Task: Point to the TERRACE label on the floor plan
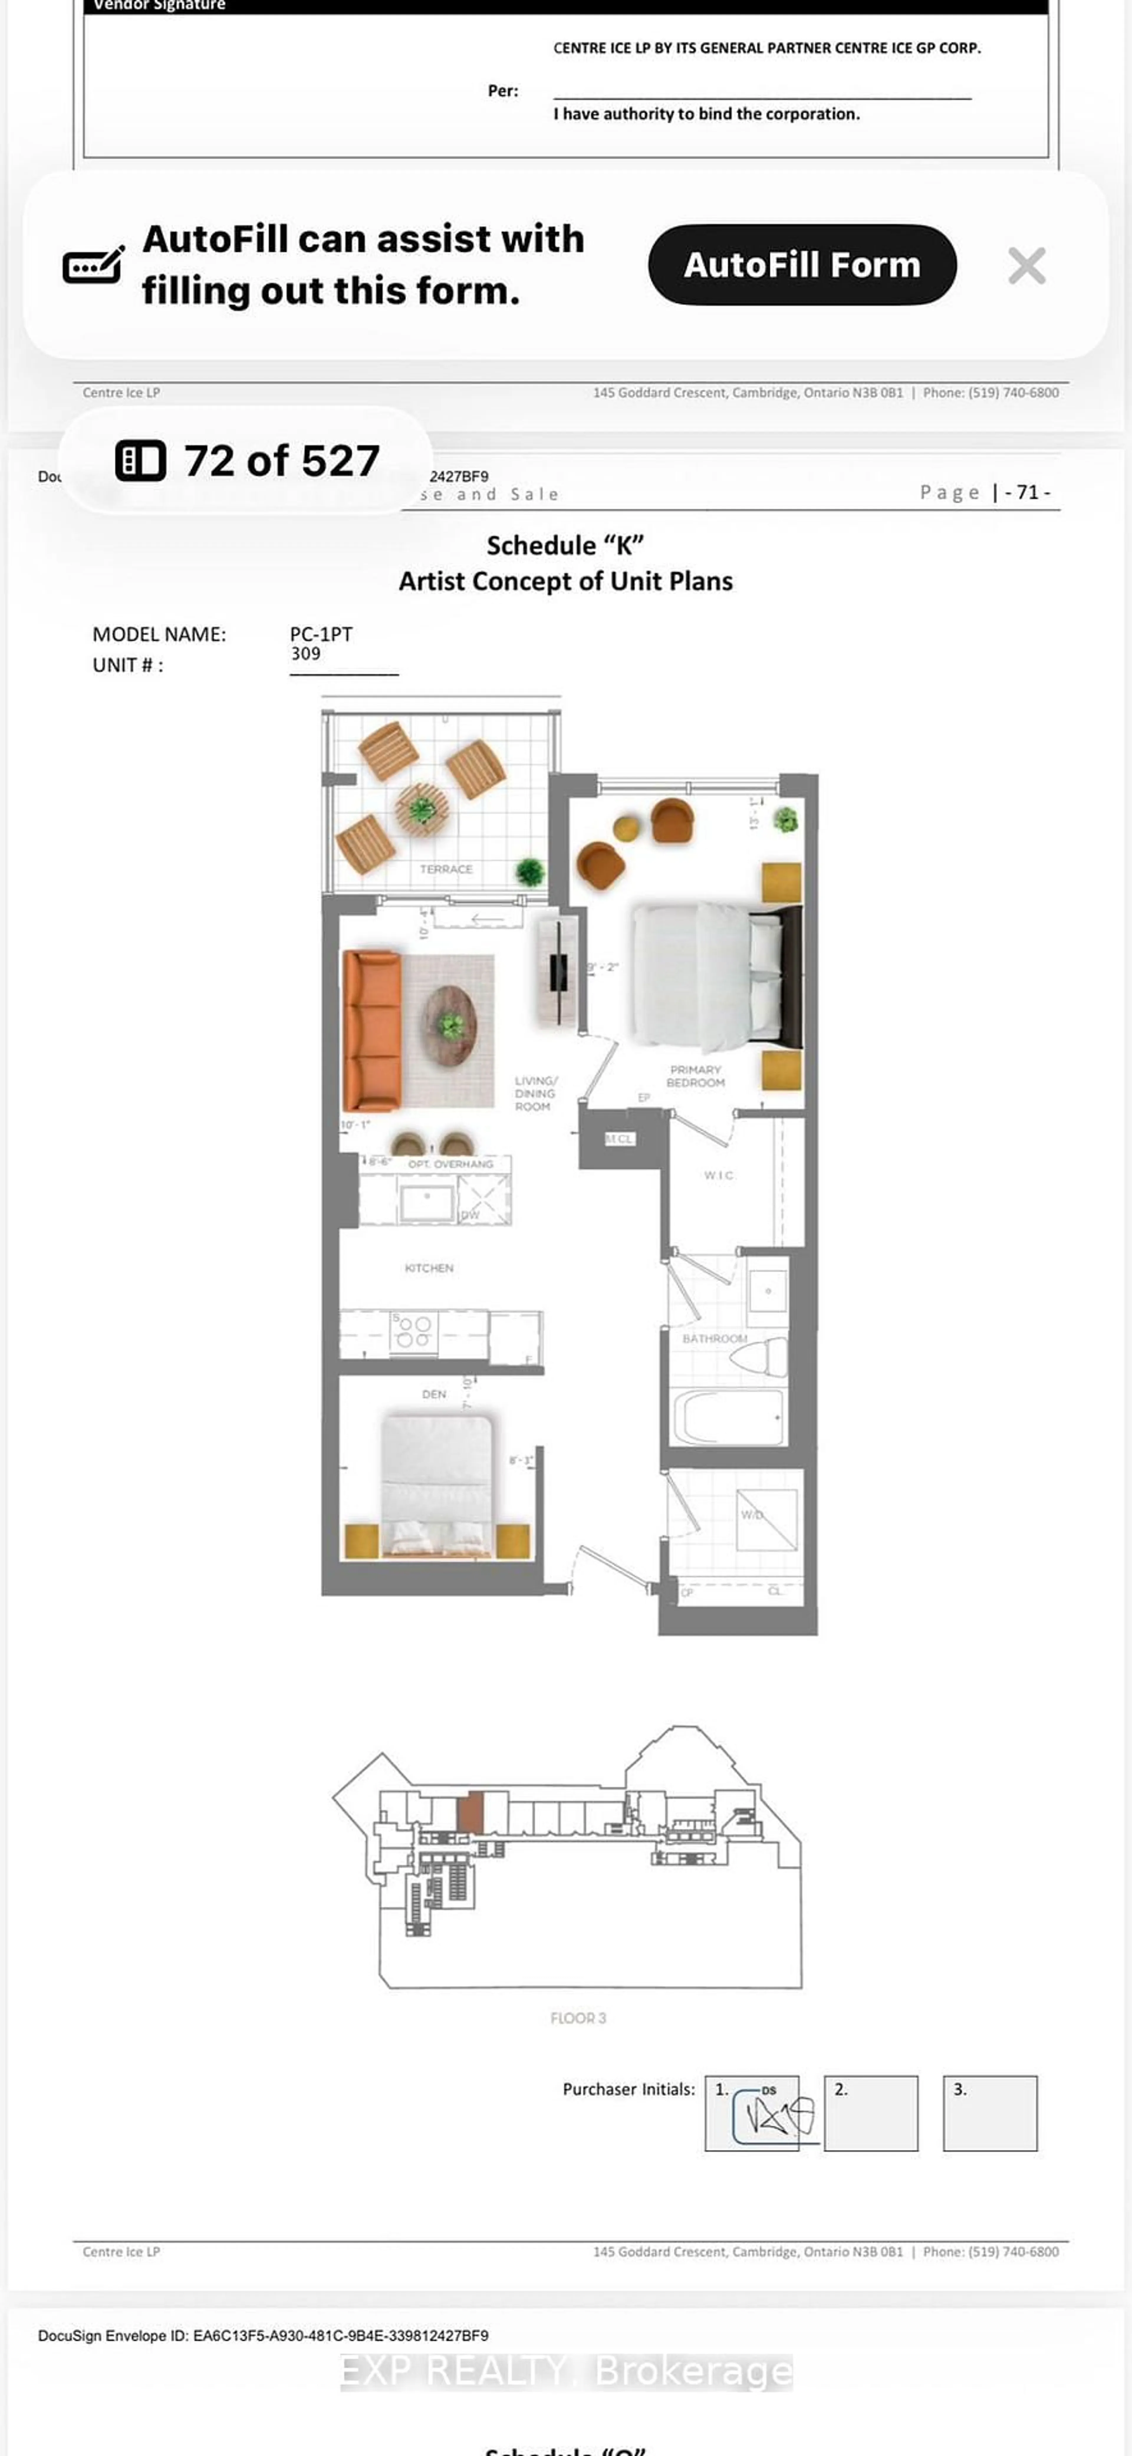[445, 868]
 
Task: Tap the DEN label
[434, 1394]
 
